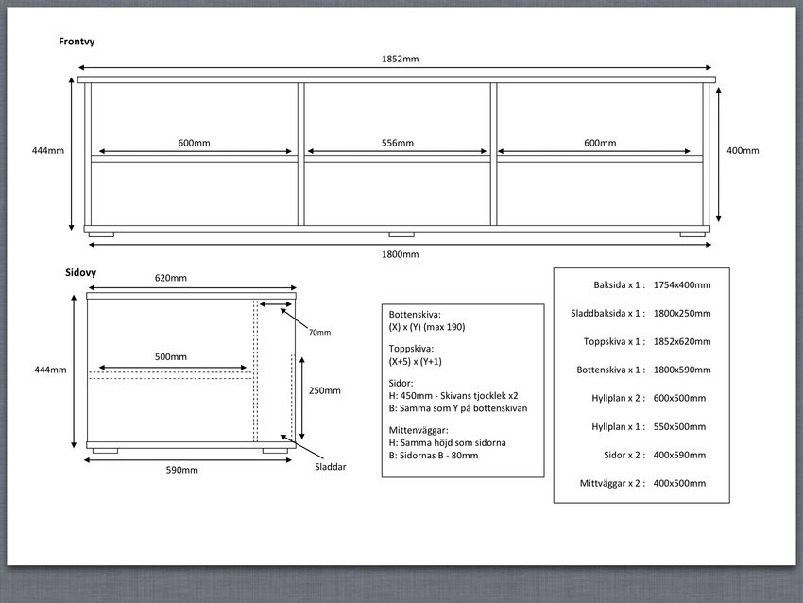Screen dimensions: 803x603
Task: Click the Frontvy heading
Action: tap(77, 42)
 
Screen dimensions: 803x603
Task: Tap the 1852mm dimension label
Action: tap(400, 59)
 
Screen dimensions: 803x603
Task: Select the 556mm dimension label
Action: tap(398, 143)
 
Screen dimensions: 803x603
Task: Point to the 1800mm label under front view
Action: tap(400, 254)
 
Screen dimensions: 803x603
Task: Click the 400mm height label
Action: tap(743, 150)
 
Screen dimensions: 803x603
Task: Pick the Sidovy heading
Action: tap(80, 272)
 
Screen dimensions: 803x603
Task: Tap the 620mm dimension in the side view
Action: tap(171, 278)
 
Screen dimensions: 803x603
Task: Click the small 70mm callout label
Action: tap(319, 332)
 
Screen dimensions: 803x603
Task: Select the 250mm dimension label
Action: tap(325, 390)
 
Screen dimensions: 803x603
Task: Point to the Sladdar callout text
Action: tap(331, 467)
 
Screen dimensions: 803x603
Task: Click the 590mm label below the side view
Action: tap(181, 470)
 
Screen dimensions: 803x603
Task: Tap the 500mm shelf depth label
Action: tap(171, 356)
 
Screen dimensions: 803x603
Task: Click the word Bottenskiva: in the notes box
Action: tap(415, 315)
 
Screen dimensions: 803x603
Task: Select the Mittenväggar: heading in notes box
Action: tap(418, 430)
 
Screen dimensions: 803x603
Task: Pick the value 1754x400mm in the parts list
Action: tap(682, 284)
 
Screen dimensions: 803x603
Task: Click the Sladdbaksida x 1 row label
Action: tap(607, 313)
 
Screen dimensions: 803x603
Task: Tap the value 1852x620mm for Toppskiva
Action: tap(682, 342)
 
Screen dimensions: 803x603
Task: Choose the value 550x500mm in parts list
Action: tap(679, 427)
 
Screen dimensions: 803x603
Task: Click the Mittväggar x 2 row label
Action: tap(612, 483)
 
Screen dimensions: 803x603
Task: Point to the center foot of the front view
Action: tap(401, 234)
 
